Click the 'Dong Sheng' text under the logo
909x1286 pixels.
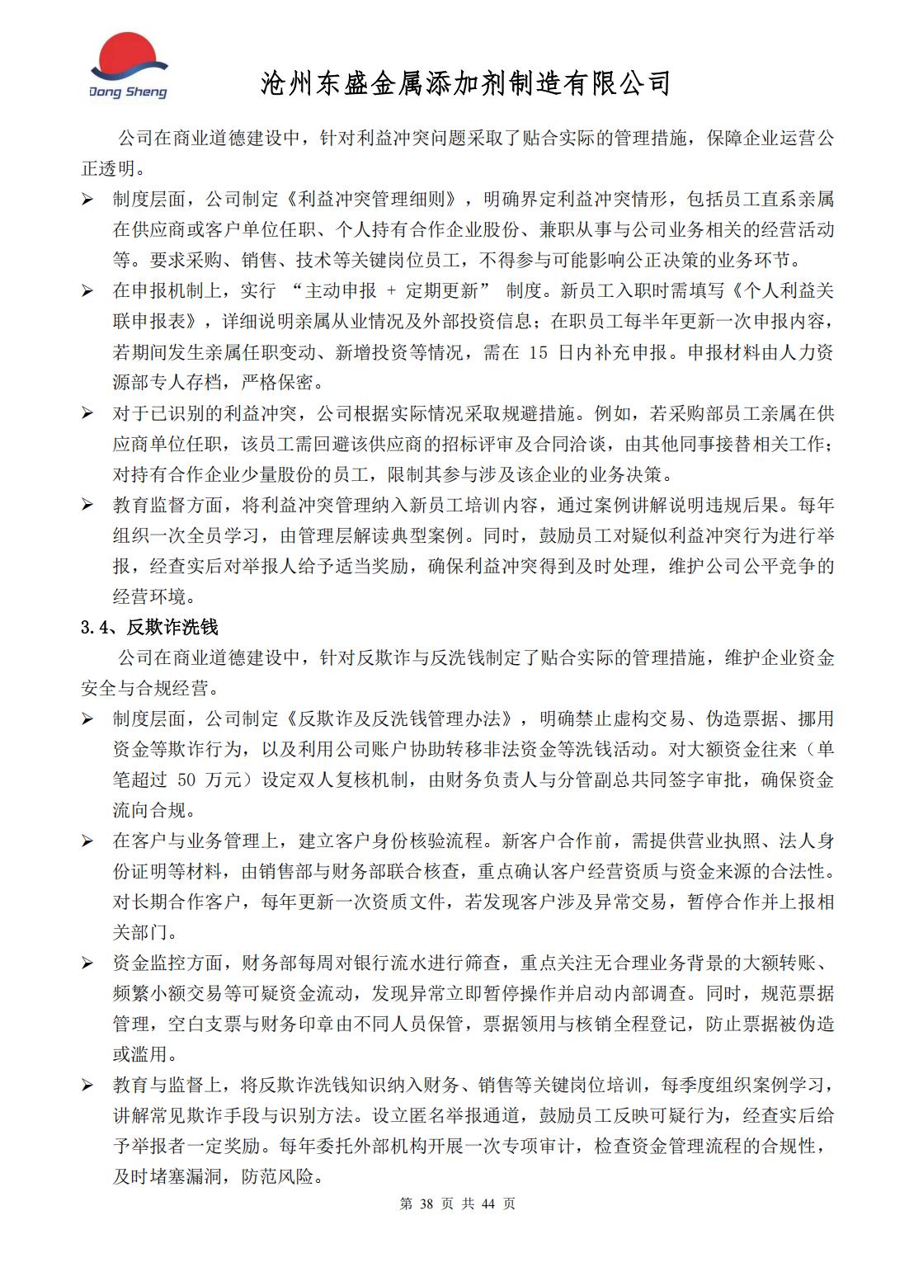click(x=128, y=92)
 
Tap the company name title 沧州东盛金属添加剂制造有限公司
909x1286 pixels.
click(x=464, y=83)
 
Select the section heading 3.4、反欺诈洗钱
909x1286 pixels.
click(x=148, y=627)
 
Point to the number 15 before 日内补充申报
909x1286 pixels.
click(x=538, y=352)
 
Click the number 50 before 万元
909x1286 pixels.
click(x=186, y=780)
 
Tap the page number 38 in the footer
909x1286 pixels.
click(x=426, y=1204)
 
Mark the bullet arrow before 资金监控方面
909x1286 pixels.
click(x=87, y=963)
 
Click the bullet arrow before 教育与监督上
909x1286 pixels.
click(x=87, y=1086)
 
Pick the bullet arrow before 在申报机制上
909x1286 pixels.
click(x=87, y=291)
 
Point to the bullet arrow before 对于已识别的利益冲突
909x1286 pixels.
click(x=87, y=413)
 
